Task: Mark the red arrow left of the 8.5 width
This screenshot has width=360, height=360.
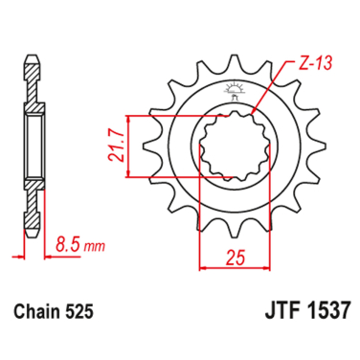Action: pos(17,257)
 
